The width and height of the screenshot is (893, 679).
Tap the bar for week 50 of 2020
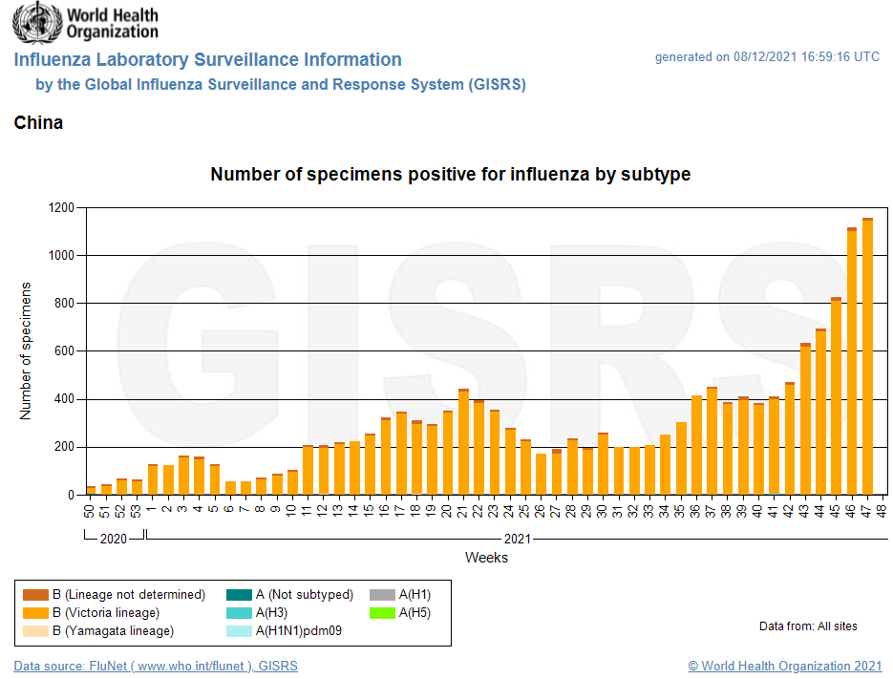(x=91, y=491)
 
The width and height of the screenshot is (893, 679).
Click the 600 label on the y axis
(x=64, y=351)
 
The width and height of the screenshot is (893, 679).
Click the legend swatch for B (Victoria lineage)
(x=35, y=613)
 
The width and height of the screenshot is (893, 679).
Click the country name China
(x=38, y=123)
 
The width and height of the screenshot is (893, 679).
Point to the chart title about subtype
(x=450, y=175)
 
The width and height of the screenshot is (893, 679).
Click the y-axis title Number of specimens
(x=26, y=350)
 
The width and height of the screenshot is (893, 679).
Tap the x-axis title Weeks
(x=486, y=558)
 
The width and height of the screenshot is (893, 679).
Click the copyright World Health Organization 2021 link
(x=785, y=667)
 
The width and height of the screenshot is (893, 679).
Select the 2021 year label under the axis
(x=516, y=540)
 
